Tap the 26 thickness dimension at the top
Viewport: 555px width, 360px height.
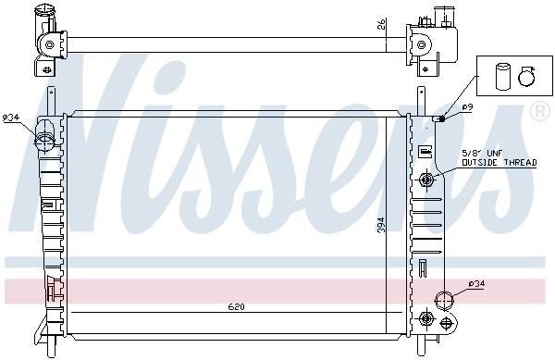tap(381, 26)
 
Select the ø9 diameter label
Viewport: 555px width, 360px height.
tap(468, 108)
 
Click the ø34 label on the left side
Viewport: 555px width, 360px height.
tap(10, 117)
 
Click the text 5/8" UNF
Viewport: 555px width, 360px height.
tap(480, 154)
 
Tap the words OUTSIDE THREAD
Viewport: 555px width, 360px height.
tap(499, 162)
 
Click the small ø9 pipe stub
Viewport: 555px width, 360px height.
tap(441, 118)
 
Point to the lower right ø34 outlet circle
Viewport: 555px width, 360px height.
tap(445, 299)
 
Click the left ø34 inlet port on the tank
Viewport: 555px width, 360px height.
tap(44, 142)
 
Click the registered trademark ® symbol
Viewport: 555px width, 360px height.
tap(538, 112)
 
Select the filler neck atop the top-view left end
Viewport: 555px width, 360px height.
tap(42, 15)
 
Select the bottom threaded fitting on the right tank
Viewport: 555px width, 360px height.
tap(426, 319)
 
